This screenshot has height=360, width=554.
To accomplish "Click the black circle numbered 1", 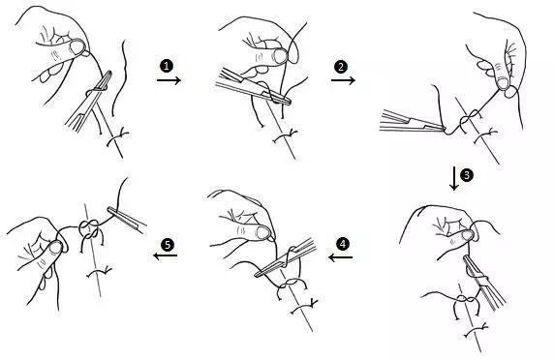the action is [167, 66].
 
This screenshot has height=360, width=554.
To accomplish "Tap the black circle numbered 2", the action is [341, 67].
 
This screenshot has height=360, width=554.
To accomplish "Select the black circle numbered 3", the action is [467, 175].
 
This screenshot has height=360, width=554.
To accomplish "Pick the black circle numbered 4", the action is [342, 244].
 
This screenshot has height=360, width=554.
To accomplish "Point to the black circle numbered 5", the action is [168, 245].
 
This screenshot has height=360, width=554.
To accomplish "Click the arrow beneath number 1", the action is [169, 80].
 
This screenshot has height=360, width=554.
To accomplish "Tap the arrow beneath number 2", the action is [343, 80].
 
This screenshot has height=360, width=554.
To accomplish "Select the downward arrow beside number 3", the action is [454, 179].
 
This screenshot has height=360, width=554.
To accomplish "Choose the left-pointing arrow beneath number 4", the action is [340, 257].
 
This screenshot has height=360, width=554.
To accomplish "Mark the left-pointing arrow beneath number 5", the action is [166, 255].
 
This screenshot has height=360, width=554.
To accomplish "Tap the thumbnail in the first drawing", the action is [77, 46].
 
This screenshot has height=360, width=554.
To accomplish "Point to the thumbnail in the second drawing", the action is [281, 56].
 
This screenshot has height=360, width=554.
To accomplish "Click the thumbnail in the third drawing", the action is [503, 83].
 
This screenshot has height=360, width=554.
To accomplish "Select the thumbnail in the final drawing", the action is [56, 247].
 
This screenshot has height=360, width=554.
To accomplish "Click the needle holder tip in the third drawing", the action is [442, 127].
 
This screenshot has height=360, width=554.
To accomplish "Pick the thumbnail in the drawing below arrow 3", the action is [467, 235].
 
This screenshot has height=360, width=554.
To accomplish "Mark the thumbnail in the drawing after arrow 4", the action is [263, 233].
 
